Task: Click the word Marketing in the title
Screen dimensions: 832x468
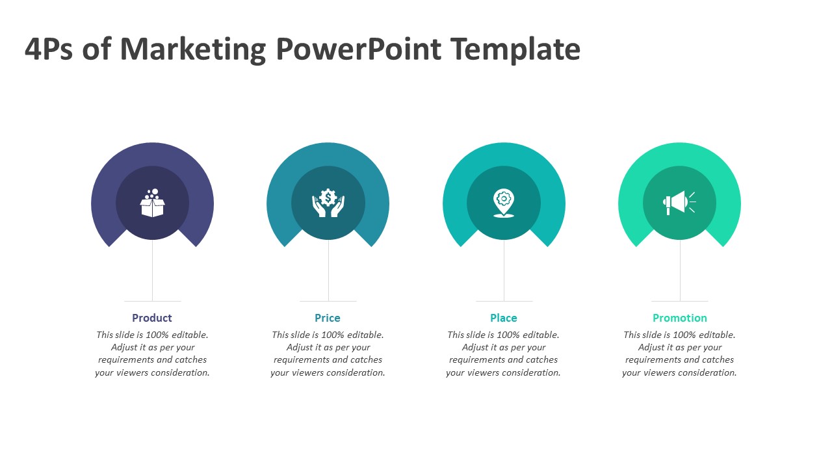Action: tap(193, 50)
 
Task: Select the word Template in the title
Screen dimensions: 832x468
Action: tap(515, 50)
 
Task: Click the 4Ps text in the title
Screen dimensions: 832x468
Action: tap(49, 49)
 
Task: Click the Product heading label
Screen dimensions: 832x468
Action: tap(152, 318)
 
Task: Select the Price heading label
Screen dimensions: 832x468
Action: tap(327, 318)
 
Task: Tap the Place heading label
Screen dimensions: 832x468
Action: tap(503, 318)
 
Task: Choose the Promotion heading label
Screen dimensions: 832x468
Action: tap(680, 318)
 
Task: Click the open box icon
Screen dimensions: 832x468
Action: tap(152, 203)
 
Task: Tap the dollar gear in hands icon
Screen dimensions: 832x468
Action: tap(328, 203)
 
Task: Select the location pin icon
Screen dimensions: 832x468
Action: tap(504, 203)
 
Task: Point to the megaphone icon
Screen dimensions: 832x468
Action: tap(679, 203)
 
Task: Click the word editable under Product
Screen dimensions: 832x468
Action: tap(190, 335)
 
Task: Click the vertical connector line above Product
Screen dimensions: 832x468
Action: tap(152, 270)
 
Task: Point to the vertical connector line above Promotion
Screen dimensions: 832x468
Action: tap(680, 270)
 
